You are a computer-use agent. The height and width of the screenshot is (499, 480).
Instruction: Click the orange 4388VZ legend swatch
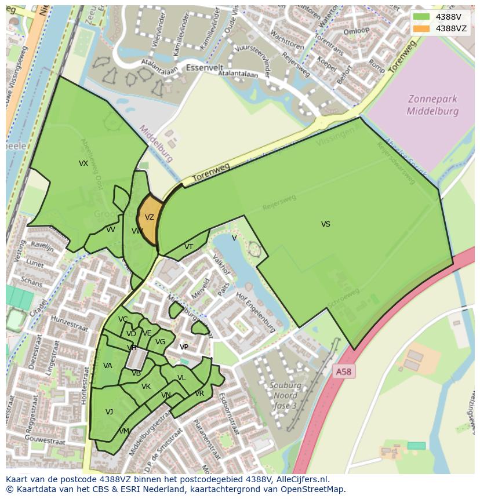[x=421, y=28]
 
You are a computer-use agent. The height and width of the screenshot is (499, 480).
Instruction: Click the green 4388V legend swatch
[x=421, y=17]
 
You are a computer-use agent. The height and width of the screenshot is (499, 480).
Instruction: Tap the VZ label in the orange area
[x=150, y=217]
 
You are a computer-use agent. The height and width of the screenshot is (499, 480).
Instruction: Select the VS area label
[x=326, y=224]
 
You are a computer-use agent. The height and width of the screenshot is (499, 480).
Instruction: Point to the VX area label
[x=83, y=163]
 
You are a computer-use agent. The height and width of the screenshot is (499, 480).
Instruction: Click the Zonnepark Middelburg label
[x=432, y=105]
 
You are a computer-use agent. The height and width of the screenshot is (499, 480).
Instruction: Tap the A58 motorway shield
[x=344, y=371]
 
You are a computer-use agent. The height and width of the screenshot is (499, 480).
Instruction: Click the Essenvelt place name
[x=205, y=67]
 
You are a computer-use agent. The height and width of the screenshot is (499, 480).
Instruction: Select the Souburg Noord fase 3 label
[x=285, y=395]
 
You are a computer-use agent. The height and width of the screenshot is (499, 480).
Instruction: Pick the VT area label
[x=188, y=246]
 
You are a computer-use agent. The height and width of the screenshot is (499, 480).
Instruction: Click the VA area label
[x=107, y=366]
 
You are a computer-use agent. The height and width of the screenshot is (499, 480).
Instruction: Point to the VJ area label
[x=109, y=412]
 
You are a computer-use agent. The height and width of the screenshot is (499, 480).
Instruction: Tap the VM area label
[x=124, y=431]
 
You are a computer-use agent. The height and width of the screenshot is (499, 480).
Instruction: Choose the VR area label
[x=199, y=394]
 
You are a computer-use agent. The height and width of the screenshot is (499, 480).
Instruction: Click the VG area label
[x=161, y=342]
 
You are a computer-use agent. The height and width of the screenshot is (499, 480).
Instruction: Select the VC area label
[x=123, y=319]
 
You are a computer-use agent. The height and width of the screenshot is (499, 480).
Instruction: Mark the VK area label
[x=146, y=387]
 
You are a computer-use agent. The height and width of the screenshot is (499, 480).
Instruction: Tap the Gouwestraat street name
[x=43, y=441]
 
